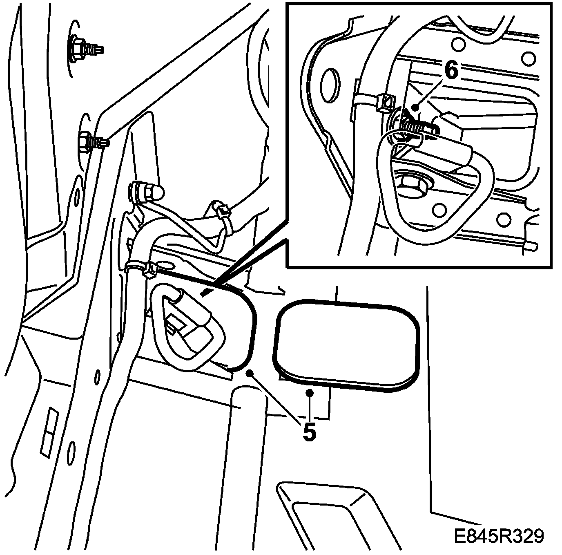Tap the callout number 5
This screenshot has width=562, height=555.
point(309,432)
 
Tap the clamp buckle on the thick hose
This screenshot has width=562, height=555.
point(151,269)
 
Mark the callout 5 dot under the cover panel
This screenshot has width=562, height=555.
point(309,393)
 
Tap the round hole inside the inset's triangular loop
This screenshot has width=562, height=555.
point(439,210)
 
